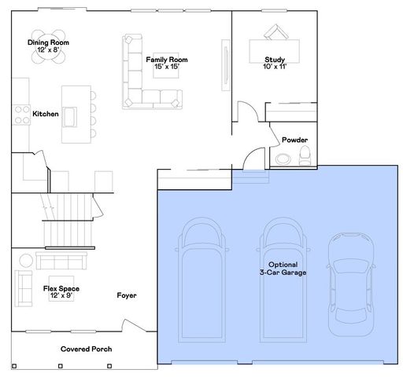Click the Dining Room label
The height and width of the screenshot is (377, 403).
[x=48, y=42]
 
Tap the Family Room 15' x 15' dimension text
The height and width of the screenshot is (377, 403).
[x=167, y=67]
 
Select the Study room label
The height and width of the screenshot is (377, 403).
[x=275, y=60]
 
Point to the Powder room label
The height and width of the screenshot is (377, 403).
[x=294, y=140]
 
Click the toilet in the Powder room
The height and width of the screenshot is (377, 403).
[x=305, y=156]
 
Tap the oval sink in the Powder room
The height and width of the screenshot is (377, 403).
[x=283, y=159]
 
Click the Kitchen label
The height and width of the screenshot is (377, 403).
[x=46, y=114]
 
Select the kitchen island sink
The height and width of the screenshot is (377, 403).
[x=69, y=117]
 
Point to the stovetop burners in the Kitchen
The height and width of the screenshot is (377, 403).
[x=22, y=115]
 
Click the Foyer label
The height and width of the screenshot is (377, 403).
[x=127, y=295]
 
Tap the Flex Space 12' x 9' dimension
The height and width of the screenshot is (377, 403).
[x=61, y=295]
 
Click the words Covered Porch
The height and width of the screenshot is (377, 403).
[x=86, y=349]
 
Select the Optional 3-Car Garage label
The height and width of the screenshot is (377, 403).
[x=283, y=269]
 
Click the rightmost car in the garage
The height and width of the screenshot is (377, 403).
[x=351, y=284]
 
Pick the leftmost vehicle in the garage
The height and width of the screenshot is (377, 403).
[x=201, y=280]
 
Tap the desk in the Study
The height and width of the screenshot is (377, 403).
[x=274, y=51]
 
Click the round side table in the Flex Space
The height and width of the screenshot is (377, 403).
[x=26, y=261]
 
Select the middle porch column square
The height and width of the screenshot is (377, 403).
[x=61, y=366]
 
